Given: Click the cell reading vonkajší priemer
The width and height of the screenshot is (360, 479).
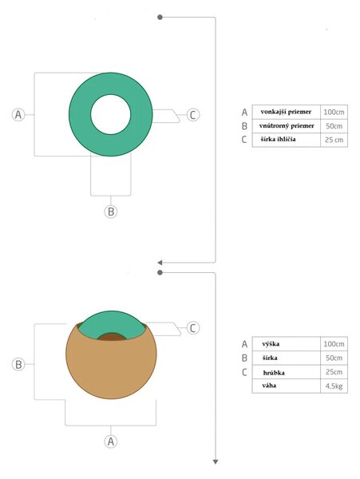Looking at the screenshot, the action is tap(286, 112).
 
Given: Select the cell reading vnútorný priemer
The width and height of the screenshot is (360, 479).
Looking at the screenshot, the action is tap(286, 125).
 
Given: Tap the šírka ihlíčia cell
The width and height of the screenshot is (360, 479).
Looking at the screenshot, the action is tap(286, 140).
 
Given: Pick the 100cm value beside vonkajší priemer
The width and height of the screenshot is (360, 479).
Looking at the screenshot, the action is tap(334, 112).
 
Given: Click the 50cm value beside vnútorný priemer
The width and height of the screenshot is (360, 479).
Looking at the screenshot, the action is tap(334, 126).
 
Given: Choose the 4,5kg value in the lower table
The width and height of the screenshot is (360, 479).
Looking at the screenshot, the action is tap(334, 386).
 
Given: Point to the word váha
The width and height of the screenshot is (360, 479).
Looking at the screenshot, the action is tap(269, 386).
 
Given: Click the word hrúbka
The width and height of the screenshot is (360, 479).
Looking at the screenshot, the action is tap(274, 373).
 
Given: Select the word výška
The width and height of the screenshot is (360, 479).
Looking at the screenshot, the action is tap(271, 344).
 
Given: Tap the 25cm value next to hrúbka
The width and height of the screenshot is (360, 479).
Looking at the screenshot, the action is tap(334, 372).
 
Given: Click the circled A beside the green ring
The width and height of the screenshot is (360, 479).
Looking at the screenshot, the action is tap(18, 114).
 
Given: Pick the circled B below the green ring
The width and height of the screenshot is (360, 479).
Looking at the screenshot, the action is tap(111, 212).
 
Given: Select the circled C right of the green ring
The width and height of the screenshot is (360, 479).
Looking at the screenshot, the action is tap(192, 115).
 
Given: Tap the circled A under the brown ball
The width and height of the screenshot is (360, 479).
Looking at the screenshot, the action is tap(111, 441).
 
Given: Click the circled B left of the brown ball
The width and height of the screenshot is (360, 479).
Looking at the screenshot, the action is tap(18, 365).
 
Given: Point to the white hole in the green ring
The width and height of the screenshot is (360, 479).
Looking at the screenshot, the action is tap(110, 114).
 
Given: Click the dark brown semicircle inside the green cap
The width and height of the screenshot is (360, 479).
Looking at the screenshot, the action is tap(112, 337).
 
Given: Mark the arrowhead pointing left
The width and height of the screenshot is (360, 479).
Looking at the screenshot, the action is tap(160, 263).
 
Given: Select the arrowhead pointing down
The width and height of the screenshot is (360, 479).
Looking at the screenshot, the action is tap(216, 462).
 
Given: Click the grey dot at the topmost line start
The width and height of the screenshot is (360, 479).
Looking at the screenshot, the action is tap(160, 18).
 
